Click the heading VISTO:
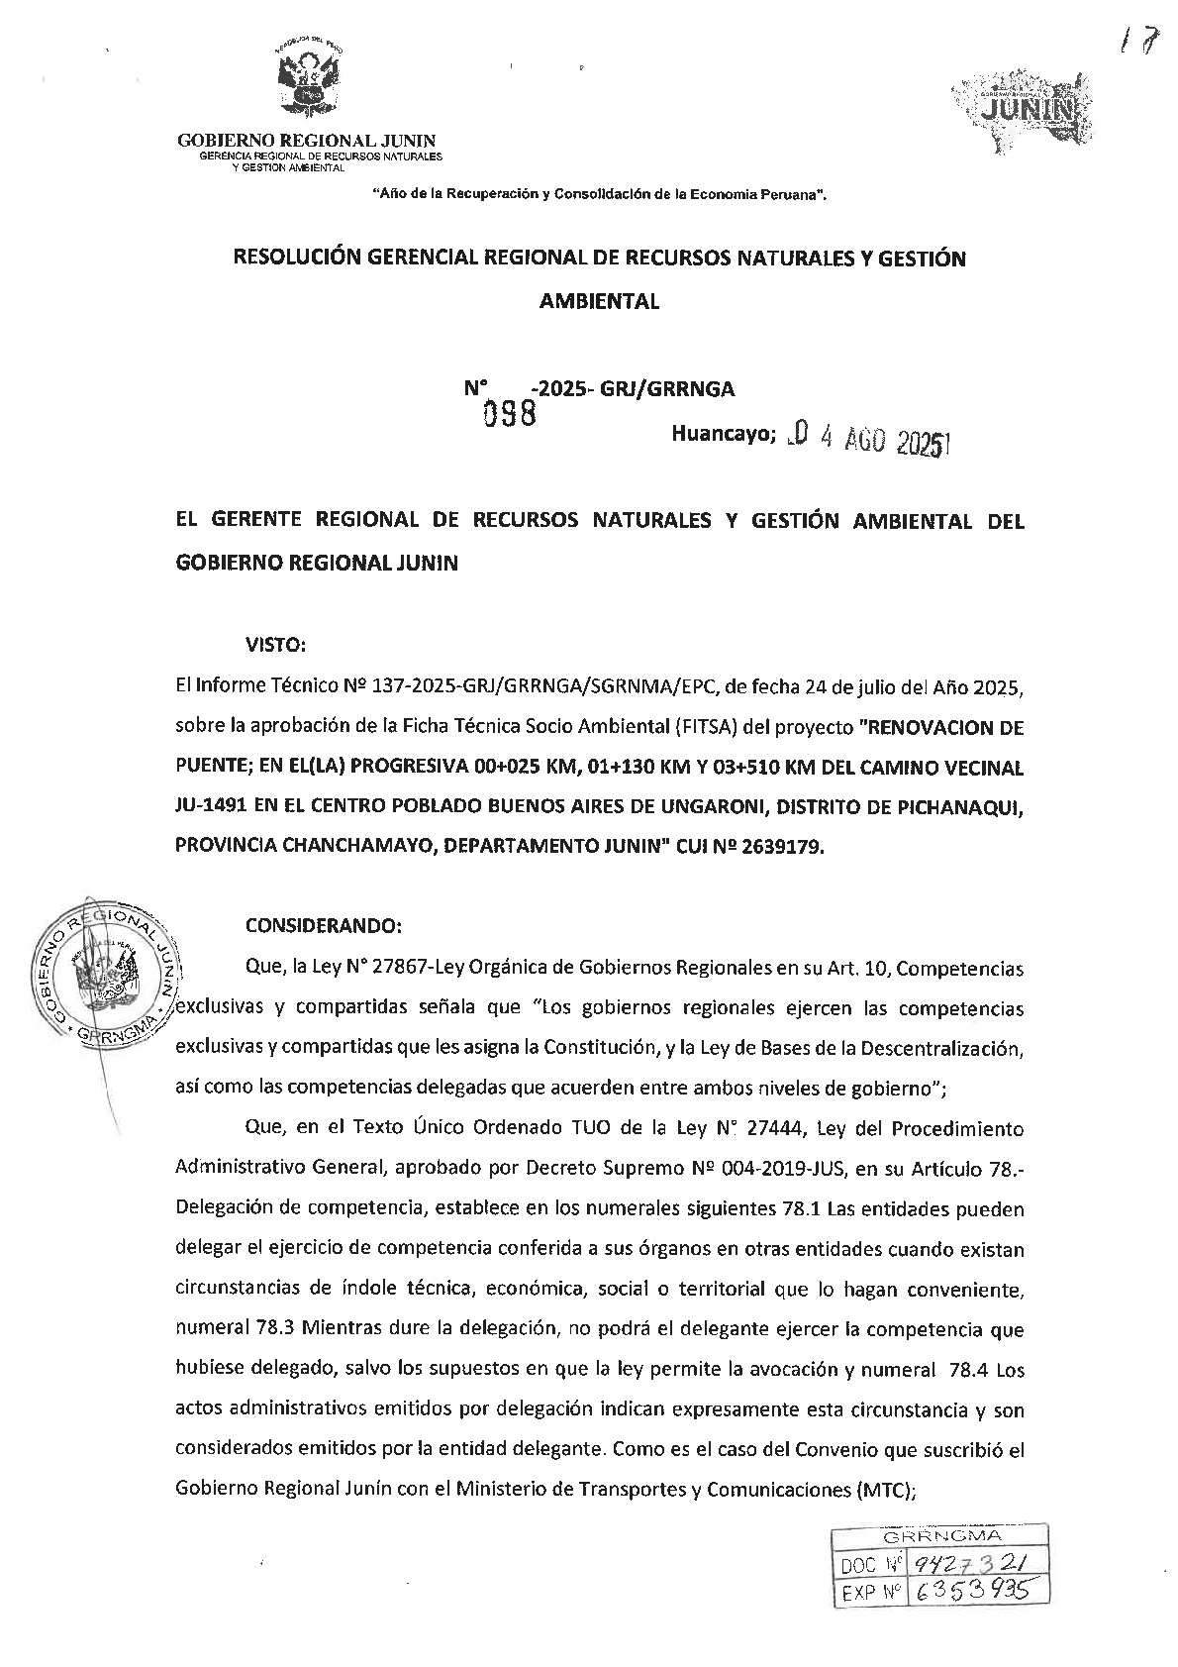[275, 645]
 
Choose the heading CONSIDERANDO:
[323, 926]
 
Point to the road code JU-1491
[210, 807]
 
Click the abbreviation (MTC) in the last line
[880, 1490]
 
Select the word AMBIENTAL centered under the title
[598, 302]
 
